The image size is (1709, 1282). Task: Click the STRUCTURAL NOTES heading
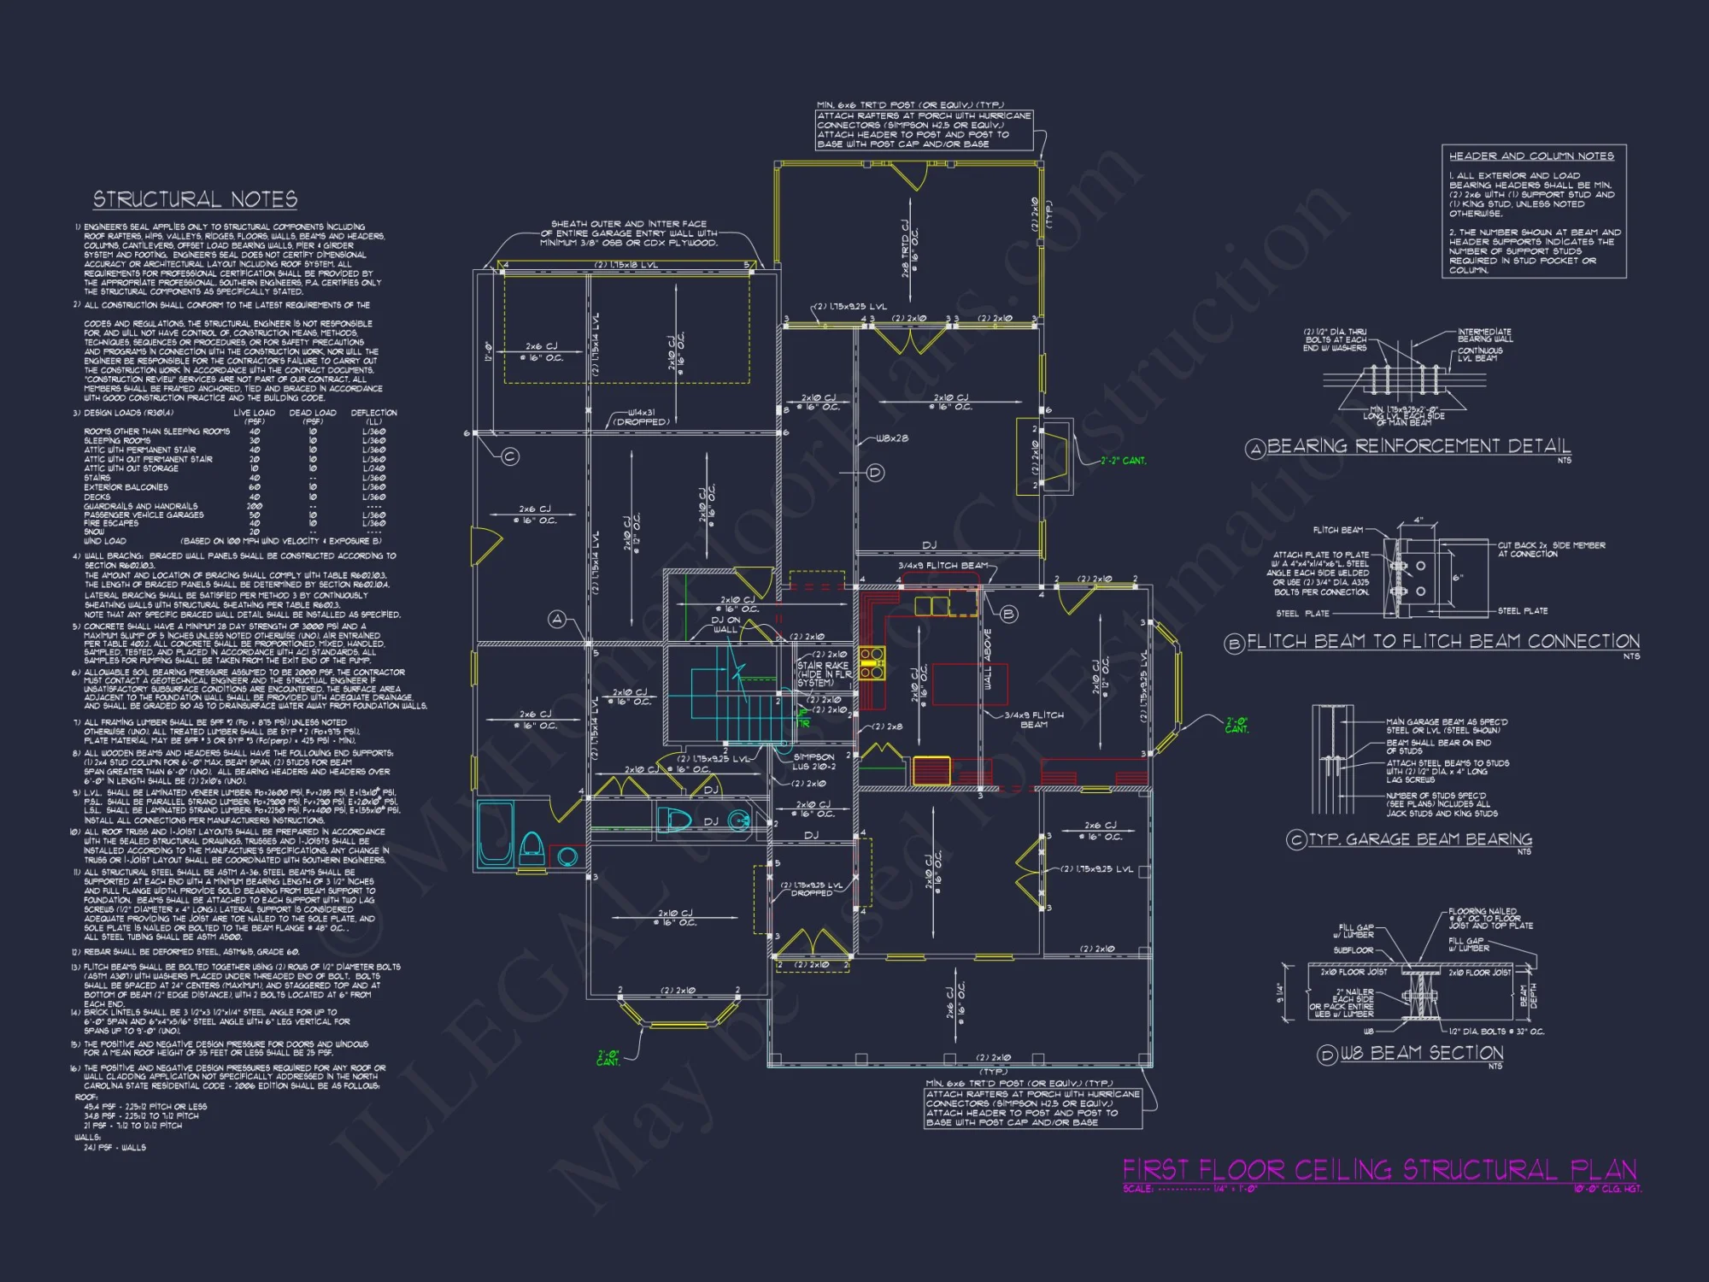(195, 200)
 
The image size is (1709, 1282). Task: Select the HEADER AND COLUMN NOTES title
(1531, 156)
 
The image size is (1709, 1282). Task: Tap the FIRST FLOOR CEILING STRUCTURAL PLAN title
(1379, 1170)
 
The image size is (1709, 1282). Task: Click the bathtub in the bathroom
(495, 834)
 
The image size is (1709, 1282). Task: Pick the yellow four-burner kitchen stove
(872, 664)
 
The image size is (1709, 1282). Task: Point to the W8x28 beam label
(892, 438)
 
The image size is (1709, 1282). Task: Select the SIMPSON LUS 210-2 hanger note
(813, 762)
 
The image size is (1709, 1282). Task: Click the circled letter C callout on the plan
(510, 456)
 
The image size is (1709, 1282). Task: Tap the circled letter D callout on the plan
(875, 473)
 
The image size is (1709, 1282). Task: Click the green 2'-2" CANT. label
(1124, 461)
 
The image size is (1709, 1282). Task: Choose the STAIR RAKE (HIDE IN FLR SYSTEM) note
(824, 673)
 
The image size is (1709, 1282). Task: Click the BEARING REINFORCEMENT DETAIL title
(1418, 446)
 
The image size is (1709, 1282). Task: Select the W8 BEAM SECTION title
(1421, 1053)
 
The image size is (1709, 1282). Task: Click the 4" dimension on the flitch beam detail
(1418, 520)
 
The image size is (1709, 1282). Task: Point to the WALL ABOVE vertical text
(988, 659)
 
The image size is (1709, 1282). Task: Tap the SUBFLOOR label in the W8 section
(1354, 950)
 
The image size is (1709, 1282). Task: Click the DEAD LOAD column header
(313, 413)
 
